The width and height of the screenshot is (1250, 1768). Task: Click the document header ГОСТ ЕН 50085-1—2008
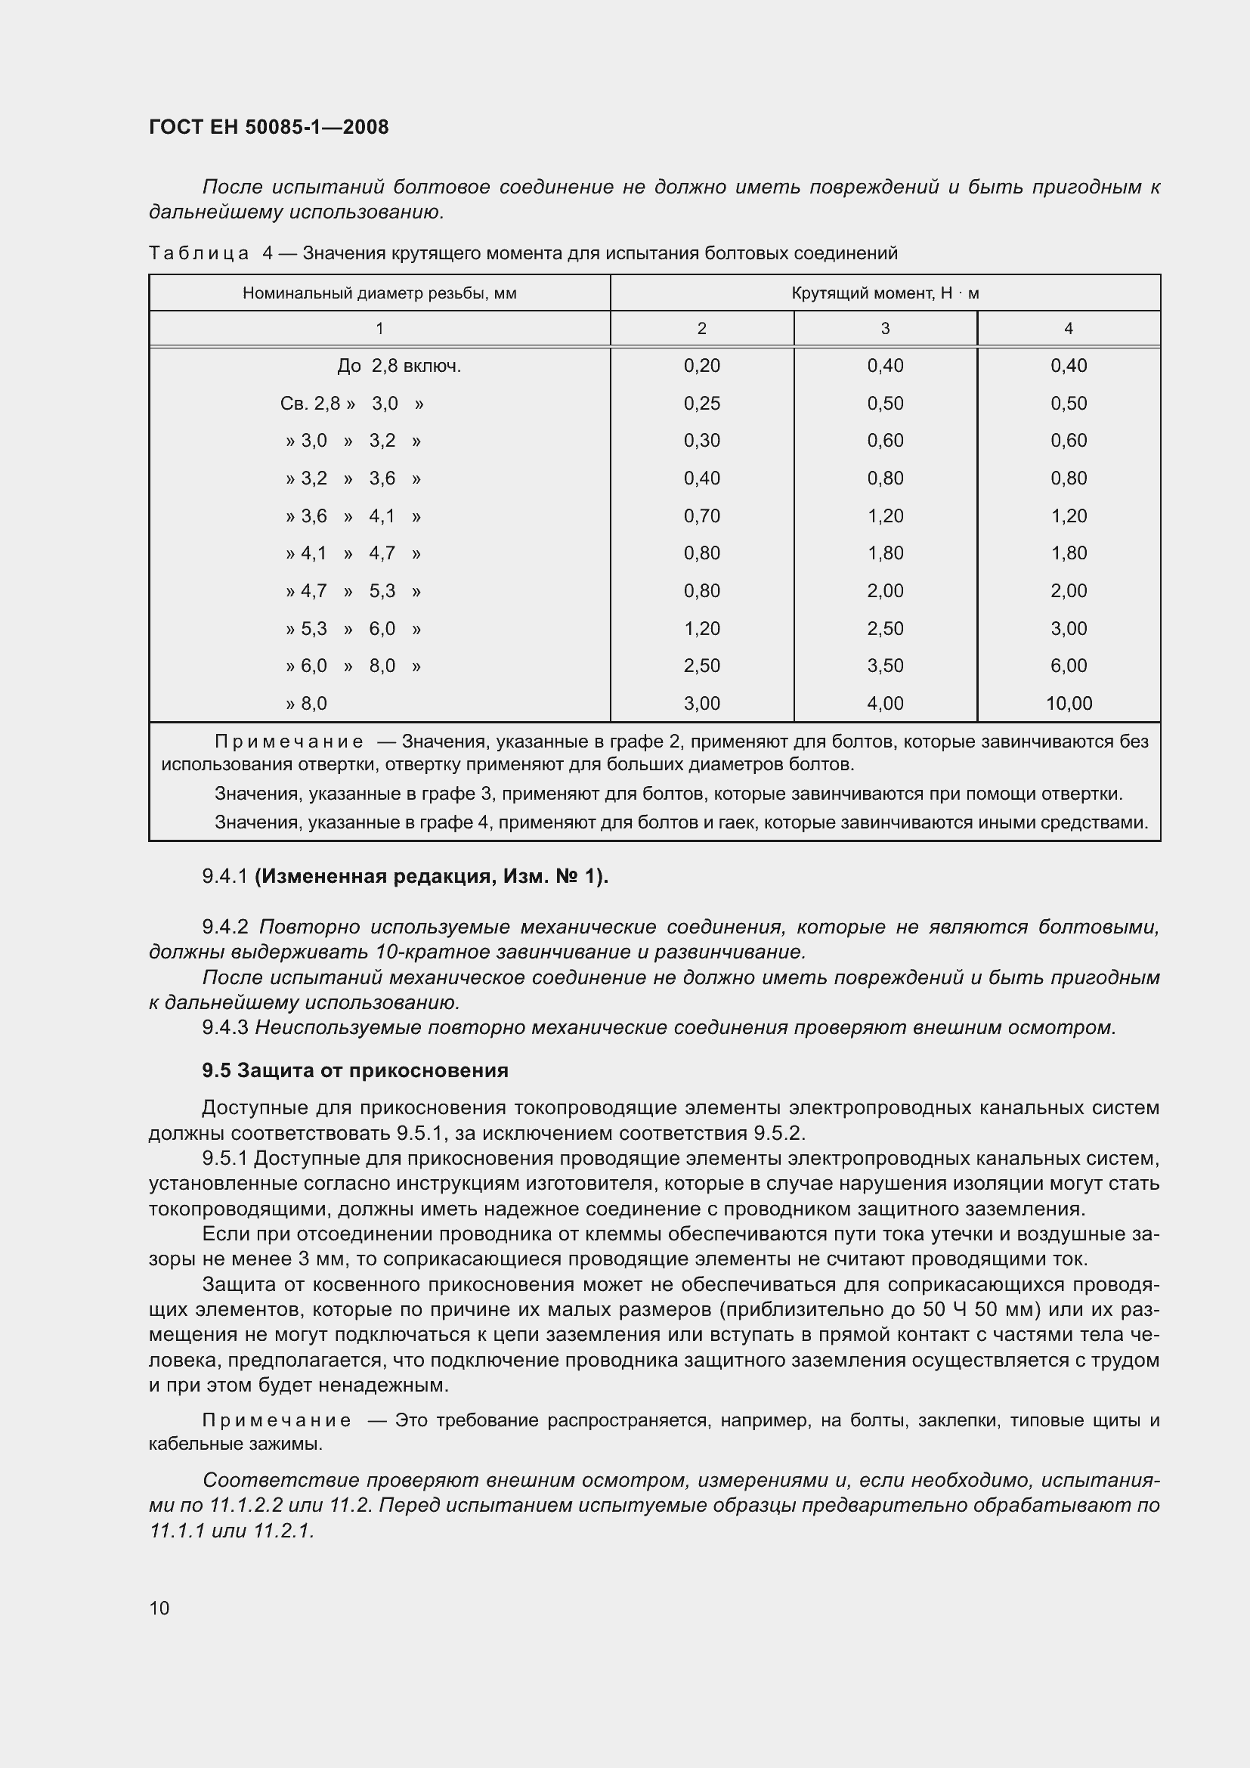pyautogui.click(x=268, y=127)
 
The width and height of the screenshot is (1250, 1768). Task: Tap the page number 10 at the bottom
pyautogui.click(x=159, y=1608)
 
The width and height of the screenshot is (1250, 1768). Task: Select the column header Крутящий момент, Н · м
pyautogui.click(x=884, y=293)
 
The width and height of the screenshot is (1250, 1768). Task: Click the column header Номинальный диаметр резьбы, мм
pyautogui.click(x=379, y=293)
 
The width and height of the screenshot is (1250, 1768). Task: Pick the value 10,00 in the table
pyautogui.click(x=1069, y=703)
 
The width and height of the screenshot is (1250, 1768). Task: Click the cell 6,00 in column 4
pyautogui.click(x=1069, y=665)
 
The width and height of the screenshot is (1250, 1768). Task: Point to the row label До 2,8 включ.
pyautogui.click(x=399, y=366)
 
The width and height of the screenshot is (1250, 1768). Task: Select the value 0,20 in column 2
pyautogui.click(x=701, y=366)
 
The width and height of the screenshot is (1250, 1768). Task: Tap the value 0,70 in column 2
pyautogui.click(x=701, y=516)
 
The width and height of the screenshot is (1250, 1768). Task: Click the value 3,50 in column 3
pyautogui.click(x=884, y=665)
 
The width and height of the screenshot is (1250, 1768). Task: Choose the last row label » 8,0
pyautogui.click(x=306, y=703)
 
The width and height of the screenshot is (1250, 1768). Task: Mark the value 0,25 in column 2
pyautogui.click(x=701, y=404)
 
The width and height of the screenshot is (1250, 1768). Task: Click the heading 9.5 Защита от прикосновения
pyautogui.click(x=355, y=1070)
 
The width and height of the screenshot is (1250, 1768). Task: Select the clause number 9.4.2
pyautogui.click(x=224, y=927)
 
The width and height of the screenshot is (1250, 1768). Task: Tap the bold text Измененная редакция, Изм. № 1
pyautogui.click(x=431, y=876)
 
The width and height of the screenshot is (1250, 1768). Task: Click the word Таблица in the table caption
pyautogui.click(x=199, y=253)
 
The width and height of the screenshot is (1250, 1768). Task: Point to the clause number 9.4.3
pyautogui.click(x=224, y=1027)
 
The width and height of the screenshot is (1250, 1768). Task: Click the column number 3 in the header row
pyautogui.click(x=884, y=329)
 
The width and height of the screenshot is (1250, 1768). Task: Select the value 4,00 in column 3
pyautogui.click(x=884, y=703)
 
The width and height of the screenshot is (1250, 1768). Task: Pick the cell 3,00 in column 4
pyautogui.click(x=1069, y=628)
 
